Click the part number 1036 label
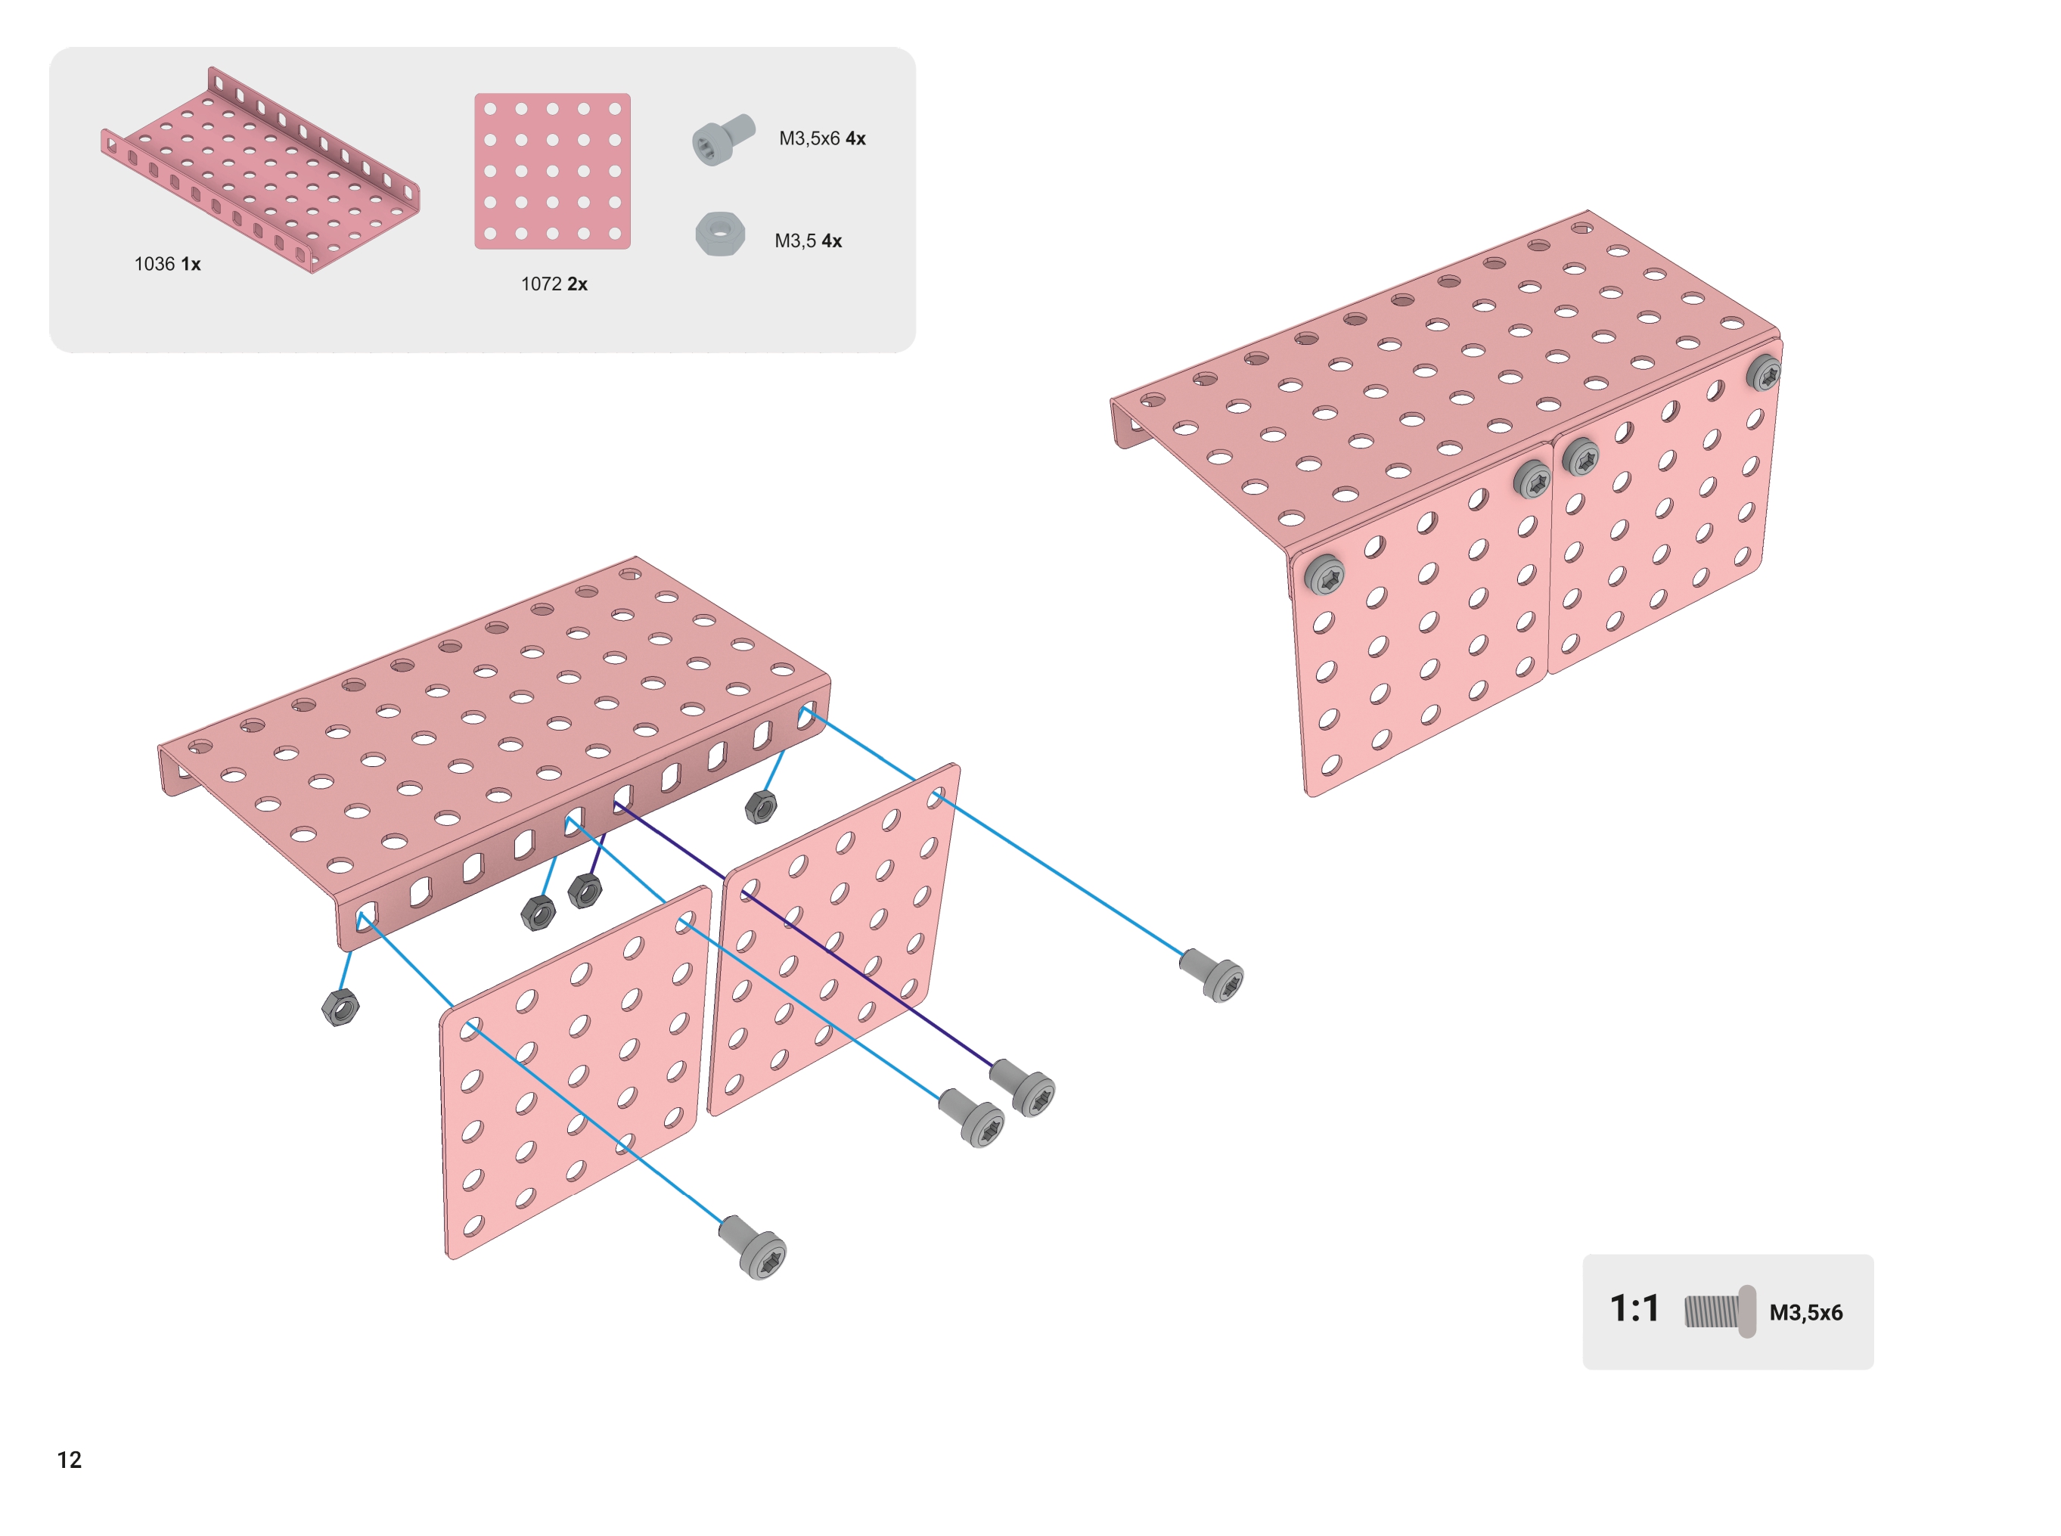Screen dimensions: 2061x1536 pyautogui.click(x=154, y=264)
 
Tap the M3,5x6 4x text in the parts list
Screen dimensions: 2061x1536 pyautogui.click(x=822, y=138)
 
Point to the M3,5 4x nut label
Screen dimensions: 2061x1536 pyautogui.click(x=808, y=240)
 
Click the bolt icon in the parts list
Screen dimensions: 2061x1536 pyautogui.click(x=723, y=139)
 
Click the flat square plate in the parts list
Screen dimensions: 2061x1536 pyautogui.click(x=552, y=171)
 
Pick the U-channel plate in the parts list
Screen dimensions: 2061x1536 pyautogui.click(x=260, y=169)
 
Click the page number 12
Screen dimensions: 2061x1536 pyautogui.click(x=70, y=1459)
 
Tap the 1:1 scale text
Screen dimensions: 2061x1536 pyautogui.click(x=1634, y=1308)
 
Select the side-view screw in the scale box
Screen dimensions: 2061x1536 pyautogui.click(x=1720, y=1311)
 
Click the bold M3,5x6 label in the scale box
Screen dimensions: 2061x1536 pyautogui.click(x=1805, y=1312)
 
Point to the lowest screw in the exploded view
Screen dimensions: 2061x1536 pyautogui.click(x=753, y=1247)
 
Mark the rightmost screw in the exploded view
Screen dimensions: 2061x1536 pyautogui.click(x=1212, y=974)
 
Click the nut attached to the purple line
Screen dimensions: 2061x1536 pyautogui.click(x=584, y=891)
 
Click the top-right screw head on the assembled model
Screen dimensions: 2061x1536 pyautogui.click(x=1762, y=373)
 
